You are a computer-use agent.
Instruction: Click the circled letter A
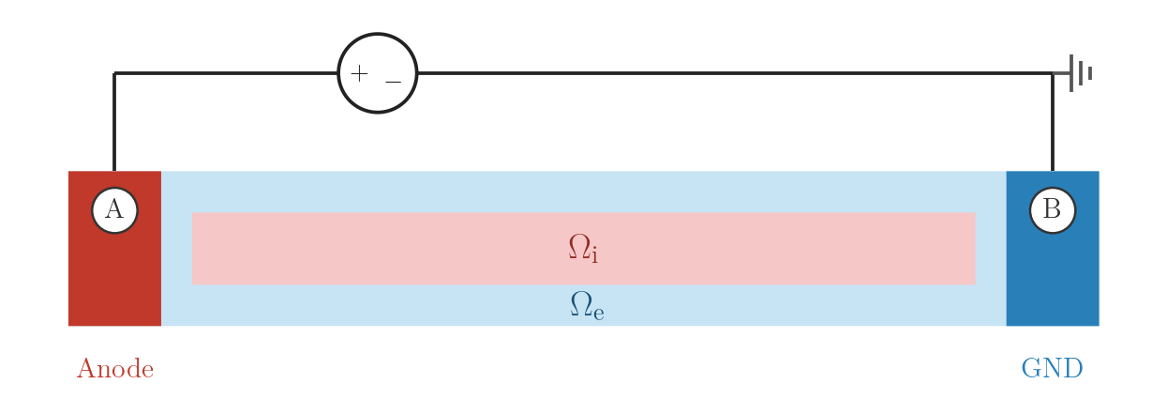pos(114,210)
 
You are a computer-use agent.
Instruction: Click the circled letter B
pos(1053,210)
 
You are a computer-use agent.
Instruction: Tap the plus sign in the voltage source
pos(359,73)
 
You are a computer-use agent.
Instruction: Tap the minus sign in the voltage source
pos(394,82)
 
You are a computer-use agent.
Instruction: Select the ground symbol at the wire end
pos(1080,73)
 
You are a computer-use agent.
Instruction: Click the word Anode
pos(115,369)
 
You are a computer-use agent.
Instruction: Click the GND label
pos(1052,369)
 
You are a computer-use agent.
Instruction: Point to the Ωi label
pos(583,248)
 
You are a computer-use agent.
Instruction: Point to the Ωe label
pos(587,305)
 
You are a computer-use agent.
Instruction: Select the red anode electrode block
pos(114,248)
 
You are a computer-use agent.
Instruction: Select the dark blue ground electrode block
pos(1053,248)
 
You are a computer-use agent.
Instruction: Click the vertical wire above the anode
pos(114,122)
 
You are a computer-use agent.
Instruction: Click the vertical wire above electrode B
pos(1053,122)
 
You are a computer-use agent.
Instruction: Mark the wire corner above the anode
pos(114,73)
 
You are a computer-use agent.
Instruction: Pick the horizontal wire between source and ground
pos(735,73)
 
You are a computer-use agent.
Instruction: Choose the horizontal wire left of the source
pos(226,73)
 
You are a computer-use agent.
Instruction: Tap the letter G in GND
pos(1030,369)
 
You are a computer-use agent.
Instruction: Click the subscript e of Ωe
pos(599,314)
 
